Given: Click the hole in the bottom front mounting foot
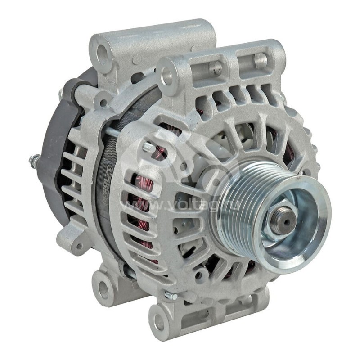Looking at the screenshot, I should (159, 321).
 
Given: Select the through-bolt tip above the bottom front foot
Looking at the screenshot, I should (170, 296).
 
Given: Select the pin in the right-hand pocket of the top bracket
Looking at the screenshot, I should (261, 60).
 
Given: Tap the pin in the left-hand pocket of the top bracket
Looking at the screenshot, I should (216, 68).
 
